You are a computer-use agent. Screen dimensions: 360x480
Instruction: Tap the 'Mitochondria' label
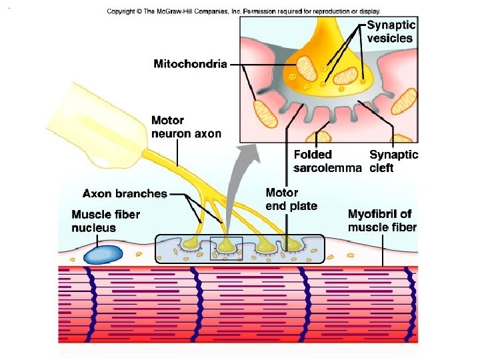[x=191, y=64]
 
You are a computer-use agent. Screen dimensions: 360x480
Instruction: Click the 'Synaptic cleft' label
[x=393, y=161]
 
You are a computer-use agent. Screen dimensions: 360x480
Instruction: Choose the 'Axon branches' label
[x=125, y=194]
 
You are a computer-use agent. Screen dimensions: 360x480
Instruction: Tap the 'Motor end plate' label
[x=291, y=199]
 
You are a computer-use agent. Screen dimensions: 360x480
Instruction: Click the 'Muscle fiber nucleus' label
[x=105, y=221]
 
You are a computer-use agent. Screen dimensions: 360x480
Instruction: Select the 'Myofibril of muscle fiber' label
[x=382, y=221]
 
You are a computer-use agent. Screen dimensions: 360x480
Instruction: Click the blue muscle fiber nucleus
[x=102, y=255]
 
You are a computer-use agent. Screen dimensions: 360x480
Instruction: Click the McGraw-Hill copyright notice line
[x=252, y=11]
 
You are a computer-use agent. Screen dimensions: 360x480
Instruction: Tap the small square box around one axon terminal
[x=226, y=248]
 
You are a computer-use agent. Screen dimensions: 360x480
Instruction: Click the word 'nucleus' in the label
[x=93, y=228]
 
